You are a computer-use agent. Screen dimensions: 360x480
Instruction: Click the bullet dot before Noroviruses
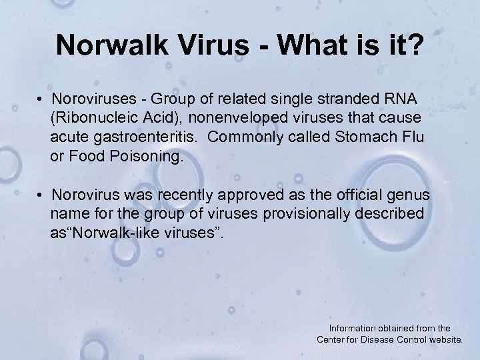point(41,99)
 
